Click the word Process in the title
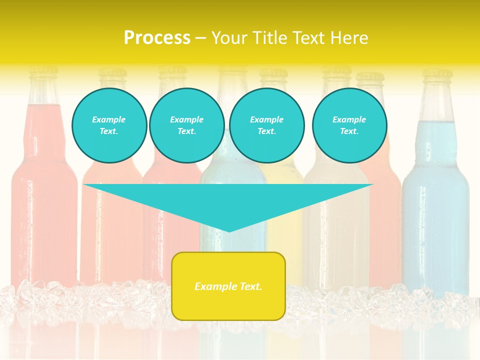pyautogui.click(x=157, y=38)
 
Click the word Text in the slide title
pyautogui.click(x=309, y=38)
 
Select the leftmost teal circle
pyautogui.click(x=109, y=125)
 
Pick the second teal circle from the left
pyautogui.click(x=186, y=125)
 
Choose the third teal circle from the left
pyautogui.click(x=266, y=125)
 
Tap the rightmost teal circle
pyautogui.click(x=349, y=125)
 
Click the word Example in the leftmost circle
pyautogui.click(x=109, y=119)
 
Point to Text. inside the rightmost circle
pyautogui.click(x=349, y=131)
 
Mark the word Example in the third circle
pyautogui.click(x=266, y=119)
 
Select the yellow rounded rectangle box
pyautogui.click(x=228, y=286)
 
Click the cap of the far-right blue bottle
pyautogui.click(x=437, y=75)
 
